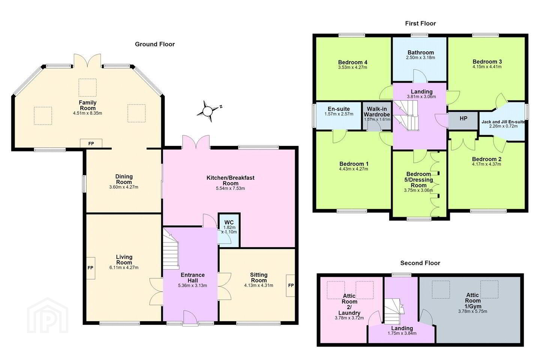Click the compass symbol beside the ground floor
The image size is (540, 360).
tap(208, 111)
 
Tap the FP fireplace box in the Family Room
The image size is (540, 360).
tap(91, 143)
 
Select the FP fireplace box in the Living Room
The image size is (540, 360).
tap(90, 268)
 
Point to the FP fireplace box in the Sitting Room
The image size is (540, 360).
tap(291, 285)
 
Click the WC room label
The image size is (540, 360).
tap(229, 222)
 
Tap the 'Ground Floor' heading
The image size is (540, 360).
tap(155, 44)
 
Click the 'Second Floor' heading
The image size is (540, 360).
tap(420, 263)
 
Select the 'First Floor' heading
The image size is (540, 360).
tap(420, 23)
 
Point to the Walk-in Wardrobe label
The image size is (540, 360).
tap(377, 112)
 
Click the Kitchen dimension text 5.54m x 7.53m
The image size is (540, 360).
tap(231, 188)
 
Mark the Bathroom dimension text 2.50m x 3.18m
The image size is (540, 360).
tap(421, 58)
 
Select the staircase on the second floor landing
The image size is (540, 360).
tap(394, 311)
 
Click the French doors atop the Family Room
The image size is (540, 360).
tap(87, 60)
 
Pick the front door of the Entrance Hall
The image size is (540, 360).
tap(190, 318)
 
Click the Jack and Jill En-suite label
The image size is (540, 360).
tap(503, 122)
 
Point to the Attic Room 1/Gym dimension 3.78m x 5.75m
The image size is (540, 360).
tap(472, 311)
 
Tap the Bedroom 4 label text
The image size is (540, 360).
tap(352, 62)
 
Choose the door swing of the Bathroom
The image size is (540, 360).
tap(420, 76)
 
